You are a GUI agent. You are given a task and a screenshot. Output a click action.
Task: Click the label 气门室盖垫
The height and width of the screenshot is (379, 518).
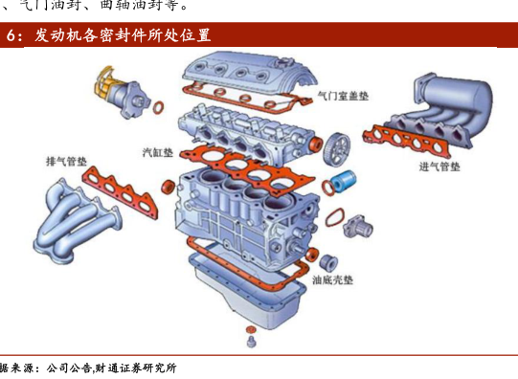pyautogui.click(x=343, y=96)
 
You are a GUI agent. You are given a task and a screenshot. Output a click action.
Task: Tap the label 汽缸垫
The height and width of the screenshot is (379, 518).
pyautogui.click(x=158, y=152)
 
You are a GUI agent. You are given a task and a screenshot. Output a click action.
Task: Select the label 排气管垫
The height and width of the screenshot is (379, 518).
pyautogui.click(x=66, y=162)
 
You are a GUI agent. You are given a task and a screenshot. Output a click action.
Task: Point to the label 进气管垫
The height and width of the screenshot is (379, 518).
pyautogui.click(x=439, y=167)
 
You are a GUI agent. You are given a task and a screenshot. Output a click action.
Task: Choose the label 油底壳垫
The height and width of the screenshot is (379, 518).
pyautogui.click(x=332, y=280)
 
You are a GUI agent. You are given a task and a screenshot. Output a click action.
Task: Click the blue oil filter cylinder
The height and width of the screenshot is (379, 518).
pyautogui.click(x=345, y=181)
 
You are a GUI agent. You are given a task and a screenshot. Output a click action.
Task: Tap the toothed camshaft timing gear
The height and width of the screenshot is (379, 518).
pyautogui.click(x=337, y=149)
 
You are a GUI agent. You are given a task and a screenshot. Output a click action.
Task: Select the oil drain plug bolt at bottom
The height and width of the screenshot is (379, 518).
pyautogui.click(x=252, y=342)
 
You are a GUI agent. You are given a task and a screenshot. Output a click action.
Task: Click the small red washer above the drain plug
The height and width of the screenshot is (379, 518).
pyautogui.click(x=251, y=329)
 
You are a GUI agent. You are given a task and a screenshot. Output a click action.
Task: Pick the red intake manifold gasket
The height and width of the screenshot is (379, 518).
pyautogui.click(x=407, y=141)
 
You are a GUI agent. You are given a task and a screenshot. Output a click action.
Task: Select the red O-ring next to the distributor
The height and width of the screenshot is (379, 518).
pyautogui.click(x=158, y=107)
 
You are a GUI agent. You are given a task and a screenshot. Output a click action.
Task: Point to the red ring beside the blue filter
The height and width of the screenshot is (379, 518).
pyautogui.click(x=327, y=188)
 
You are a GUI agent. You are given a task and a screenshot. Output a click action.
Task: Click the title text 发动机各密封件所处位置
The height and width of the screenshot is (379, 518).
pyautogui.click(x=123, y=35)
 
